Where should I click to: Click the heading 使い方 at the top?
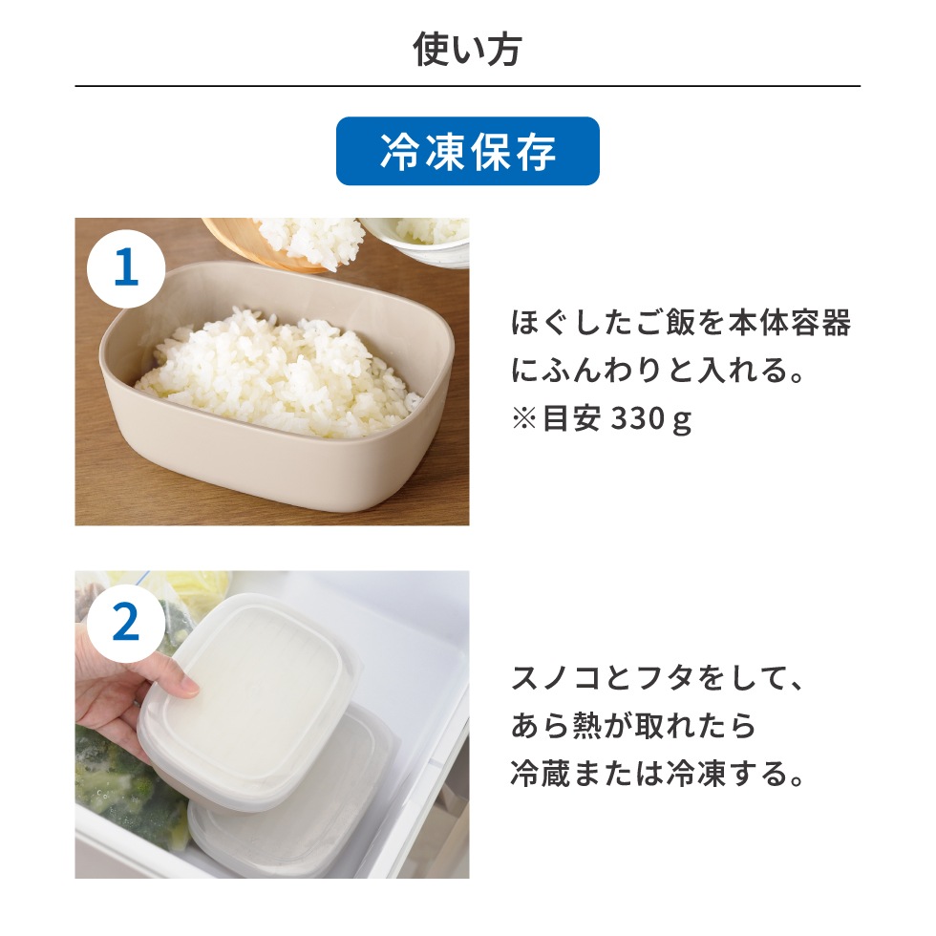(467, 49)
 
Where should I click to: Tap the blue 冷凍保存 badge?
(467, 151)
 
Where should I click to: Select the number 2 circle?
(126, 624)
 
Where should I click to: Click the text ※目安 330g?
(601, 421)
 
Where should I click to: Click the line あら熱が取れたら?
(633, 727)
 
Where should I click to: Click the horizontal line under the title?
(467, 87)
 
